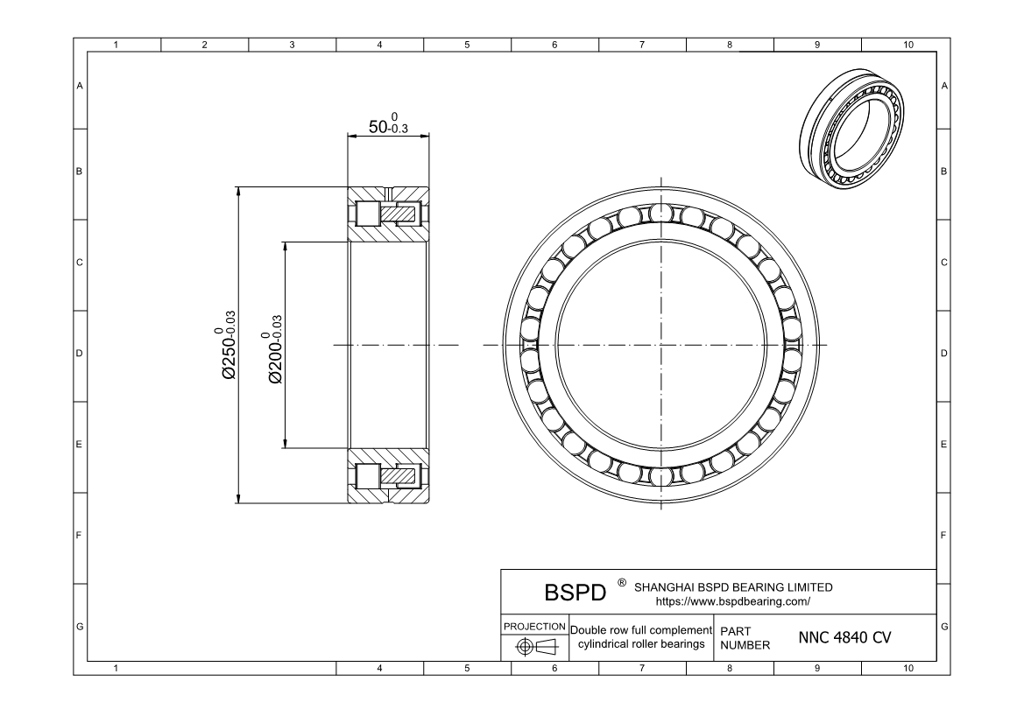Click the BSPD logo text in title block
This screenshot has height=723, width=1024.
point(576,593)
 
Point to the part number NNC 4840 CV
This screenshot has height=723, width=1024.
point(844,637)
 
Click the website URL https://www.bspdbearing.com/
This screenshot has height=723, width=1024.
point(732,601)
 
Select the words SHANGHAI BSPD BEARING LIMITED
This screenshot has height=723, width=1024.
point(732,586)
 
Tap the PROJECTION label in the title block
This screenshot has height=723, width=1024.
point(534,627)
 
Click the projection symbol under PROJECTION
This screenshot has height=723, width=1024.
point(534,647)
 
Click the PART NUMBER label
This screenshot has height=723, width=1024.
point(744,637)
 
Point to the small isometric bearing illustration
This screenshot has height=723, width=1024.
point(851,129)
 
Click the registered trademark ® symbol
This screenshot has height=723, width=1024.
point(621,581)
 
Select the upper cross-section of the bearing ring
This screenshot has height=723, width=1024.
point(389,214)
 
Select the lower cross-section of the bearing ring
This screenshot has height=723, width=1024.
point(389,476)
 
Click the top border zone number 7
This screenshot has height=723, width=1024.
point(642,44)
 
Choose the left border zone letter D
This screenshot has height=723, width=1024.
point(80,354)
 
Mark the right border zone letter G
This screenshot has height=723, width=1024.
point(943,627)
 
